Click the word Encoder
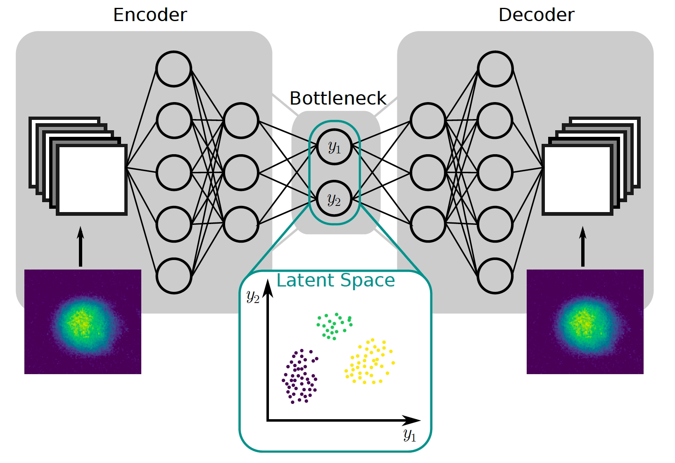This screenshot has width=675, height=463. pos(150,15)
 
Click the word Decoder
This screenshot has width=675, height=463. pos(536,15)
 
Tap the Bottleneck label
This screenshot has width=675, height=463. pos(337,98)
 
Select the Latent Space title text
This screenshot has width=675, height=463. pos(335,280)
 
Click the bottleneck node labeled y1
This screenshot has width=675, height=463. pos(335,147)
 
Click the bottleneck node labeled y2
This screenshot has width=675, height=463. pos(335,199)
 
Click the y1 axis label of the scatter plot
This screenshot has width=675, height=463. pos(410,435)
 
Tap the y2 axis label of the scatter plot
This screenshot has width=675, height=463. pos(253,296)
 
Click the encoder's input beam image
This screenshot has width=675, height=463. pos(83,322)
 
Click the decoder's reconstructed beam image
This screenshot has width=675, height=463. pos(585,322)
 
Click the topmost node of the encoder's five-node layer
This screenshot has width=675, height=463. pos(174,69)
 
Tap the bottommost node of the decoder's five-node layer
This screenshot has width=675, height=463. pos(495,276)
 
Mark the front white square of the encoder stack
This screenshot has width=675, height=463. pos(92,180)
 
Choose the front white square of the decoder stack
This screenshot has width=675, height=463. pos(577,180)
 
